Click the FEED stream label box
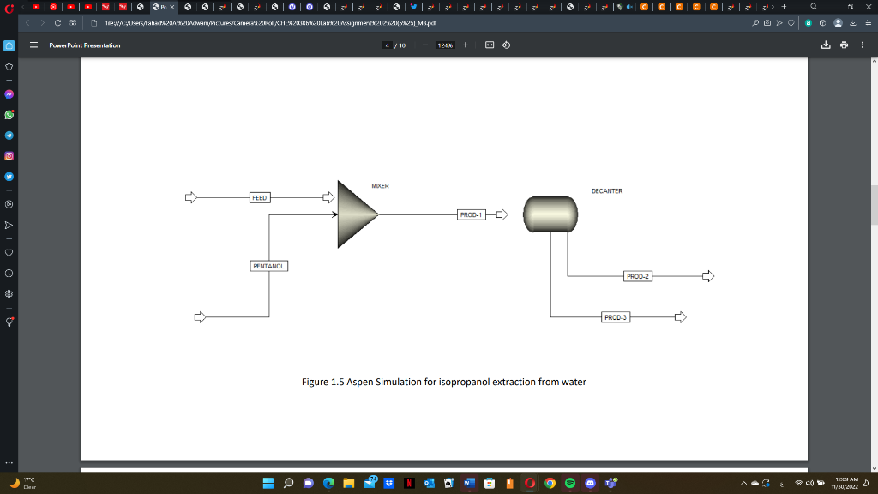259,197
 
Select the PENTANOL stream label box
268,266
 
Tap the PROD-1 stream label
471,214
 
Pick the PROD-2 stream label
638,276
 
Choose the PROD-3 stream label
616,317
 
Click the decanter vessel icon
549,214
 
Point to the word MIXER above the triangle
381,185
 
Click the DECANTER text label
606,191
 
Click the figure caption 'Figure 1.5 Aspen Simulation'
444,382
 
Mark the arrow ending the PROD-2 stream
707,276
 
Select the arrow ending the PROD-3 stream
681,317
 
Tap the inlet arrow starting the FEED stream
190,197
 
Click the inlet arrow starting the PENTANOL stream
201,317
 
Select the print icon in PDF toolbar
845,45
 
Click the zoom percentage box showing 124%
445,45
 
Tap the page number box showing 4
388,45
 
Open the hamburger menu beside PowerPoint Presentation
34,45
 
